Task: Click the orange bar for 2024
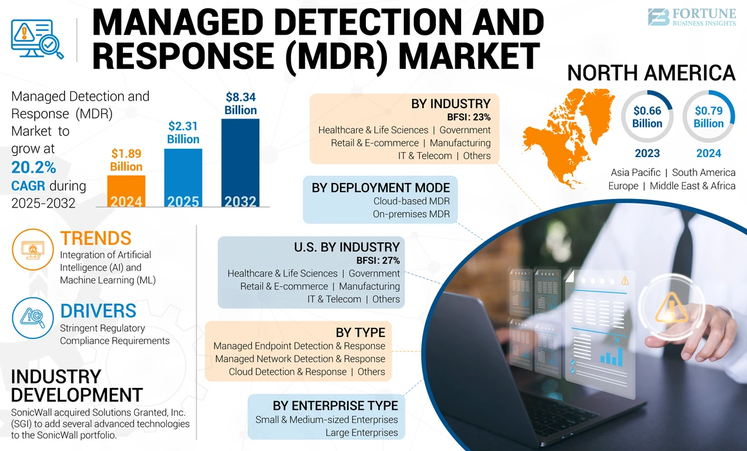[x=126, y=191]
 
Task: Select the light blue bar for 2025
[x=183, y=178]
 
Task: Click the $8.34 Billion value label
[x=240, y=103]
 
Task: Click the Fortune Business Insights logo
[x=692, y=17]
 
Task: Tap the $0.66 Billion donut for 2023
[x=647, y=117]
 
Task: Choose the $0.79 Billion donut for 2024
[x=708, y=117]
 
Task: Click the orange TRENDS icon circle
[x=32, y=250]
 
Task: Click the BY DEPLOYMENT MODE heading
[x=381, y=187]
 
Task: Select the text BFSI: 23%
[x=469, y=117]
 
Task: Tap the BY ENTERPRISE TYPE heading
[x=335, y=405]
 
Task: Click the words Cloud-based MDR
[x=411, y=201]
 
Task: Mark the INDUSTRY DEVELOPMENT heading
[x=77, y=385]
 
